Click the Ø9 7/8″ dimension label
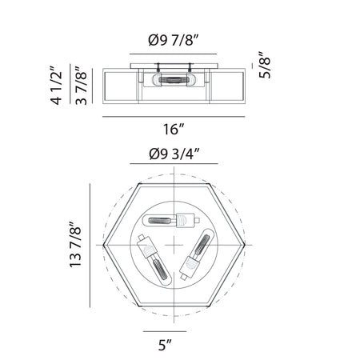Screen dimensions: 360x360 click(x=174, y=41)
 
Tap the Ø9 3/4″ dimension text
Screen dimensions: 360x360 click(x=174, y=154)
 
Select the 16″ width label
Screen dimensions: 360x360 click(x=174, y=129)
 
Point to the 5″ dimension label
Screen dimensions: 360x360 click(x=165, y=345)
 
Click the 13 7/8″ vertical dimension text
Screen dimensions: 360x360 click(x=75, y=245)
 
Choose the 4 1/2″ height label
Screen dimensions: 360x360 click(x=56, y=85)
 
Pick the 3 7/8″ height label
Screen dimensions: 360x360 click(x=81, y=86)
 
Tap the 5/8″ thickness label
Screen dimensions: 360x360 click(x=265, y=65)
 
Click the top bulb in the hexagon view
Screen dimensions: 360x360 click(x=171, y=220)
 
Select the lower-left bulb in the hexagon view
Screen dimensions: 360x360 click(x=154, y=260)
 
